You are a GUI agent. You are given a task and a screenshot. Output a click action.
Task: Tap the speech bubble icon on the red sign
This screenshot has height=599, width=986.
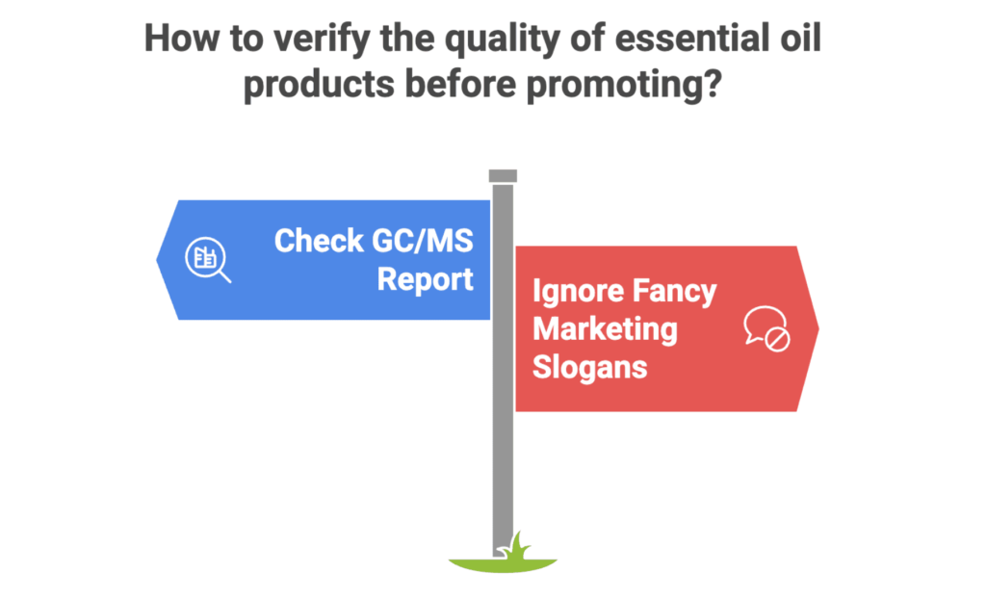766,327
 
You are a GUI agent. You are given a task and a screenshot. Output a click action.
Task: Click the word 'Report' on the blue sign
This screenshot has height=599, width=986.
425,279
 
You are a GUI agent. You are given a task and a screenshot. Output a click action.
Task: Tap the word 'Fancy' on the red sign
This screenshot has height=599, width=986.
676,291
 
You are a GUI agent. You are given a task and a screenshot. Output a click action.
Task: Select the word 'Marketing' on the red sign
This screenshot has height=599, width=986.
605,328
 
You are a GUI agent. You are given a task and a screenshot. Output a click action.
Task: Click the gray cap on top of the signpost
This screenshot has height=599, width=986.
503,175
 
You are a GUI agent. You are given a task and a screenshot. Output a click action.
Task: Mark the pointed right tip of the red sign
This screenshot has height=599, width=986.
817,328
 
